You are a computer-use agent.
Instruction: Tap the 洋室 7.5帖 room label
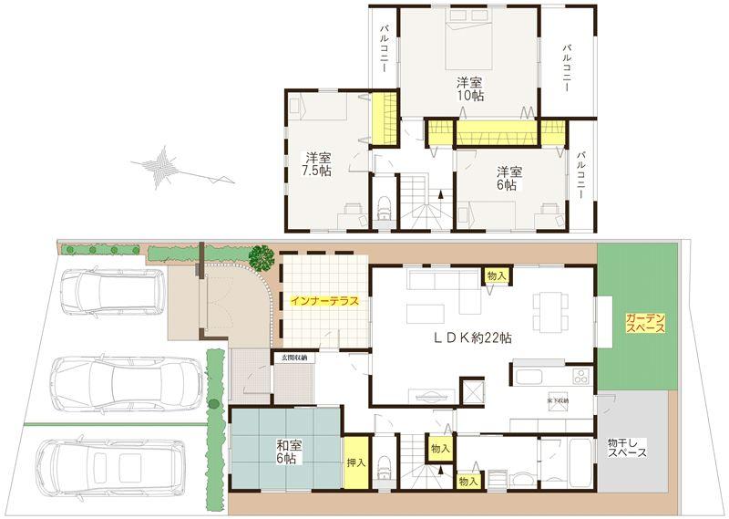pos(317,163)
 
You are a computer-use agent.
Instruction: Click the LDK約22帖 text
pos(471,337)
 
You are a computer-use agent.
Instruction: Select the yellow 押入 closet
pos(355,462)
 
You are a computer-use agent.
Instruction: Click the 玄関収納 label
pos(293,358)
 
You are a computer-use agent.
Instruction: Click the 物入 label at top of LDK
pos(497,275)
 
